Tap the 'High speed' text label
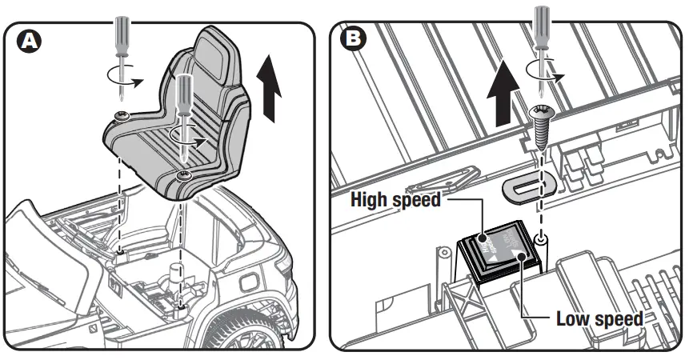point(396,200)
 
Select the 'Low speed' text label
point(599,319)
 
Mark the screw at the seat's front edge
point(184,174)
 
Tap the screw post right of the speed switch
point(542,240)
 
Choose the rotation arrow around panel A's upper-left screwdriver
point(125,77)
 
